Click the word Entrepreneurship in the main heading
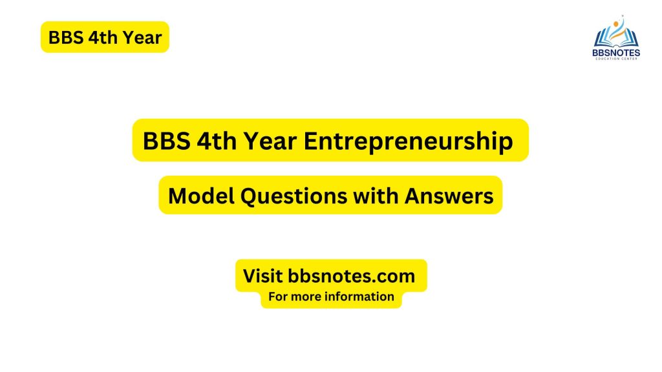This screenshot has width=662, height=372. click(x=409, y=141)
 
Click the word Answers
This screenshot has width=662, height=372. click(x=449, y=196)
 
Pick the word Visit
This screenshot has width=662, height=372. click(x=262, y=276)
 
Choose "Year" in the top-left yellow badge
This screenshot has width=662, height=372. click(x=141, y=37)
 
